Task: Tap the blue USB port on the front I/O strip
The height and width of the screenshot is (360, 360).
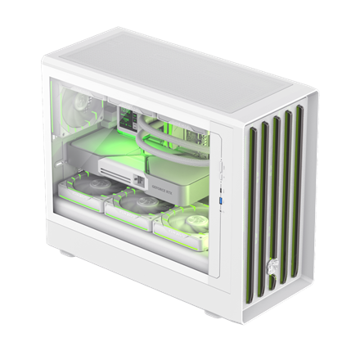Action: (222, 199)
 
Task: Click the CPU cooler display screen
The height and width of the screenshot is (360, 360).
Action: (132, 118)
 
